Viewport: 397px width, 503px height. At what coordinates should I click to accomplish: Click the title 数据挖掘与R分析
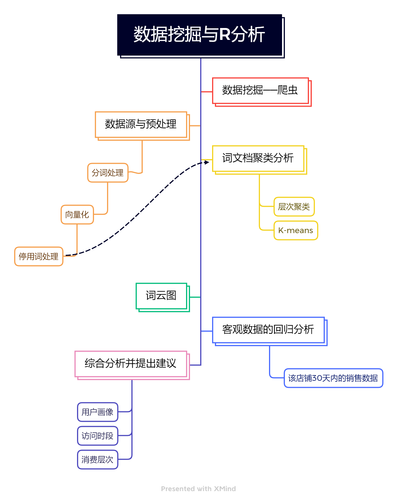(x=199, y=35)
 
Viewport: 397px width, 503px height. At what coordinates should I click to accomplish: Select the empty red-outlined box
(x=261, y=91)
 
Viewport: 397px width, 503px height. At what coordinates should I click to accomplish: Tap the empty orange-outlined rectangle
(x=141, y=125)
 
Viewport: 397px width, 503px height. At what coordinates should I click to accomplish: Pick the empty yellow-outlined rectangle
(x=258, y=159)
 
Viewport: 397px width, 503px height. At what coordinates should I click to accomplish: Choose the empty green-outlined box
(x=161, y=296)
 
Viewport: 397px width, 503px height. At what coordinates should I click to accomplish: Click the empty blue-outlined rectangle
(x=268, y=330)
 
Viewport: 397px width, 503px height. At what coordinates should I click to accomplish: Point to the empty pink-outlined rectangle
(x=131, y=364)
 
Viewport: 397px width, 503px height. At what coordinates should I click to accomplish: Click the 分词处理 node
(x=108, y=173)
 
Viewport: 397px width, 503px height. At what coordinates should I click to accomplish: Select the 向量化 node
(x=77, y=214)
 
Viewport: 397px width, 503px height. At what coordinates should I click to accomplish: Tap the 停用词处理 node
(x=39, y=256)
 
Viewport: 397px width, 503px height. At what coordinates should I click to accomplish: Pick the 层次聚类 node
(x=294, y=207)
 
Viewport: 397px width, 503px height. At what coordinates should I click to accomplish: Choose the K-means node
(x=296, y=230)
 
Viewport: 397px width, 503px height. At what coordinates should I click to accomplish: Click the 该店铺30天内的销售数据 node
(x=333, y=378)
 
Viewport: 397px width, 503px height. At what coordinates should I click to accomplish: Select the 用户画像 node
(x=98, y=412)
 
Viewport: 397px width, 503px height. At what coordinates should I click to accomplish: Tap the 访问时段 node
(x=98, y=436)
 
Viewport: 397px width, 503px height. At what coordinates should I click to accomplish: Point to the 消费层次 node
(x=98, y=459)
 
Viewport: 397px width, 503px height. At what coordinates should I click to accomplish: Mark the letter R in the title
(x=225, y=35)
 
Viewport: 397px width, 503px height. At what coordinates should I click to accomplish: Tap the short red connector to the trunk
(x=206, y=92)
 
